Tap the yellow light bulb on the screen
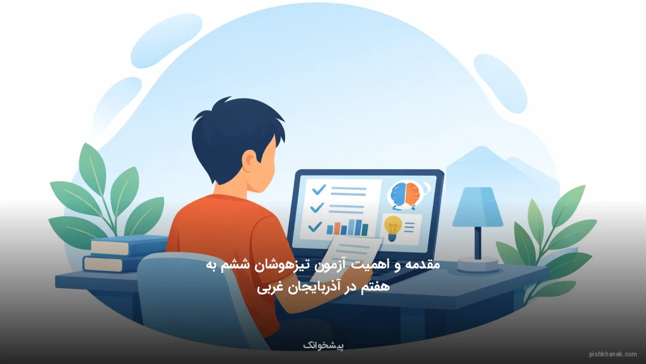[x=392, y=226]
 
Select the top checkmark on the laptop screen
[x=318, y=189]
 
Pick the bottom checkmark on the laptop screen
[x=314, y=226]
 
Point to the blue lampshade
[x=478, y=207]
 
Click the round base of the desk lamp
[x=478, y=264]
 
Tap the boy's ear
[x=251, y=166]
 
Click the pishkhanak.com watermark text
[x=613, y=355]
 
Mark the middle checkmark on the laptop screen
[x=317, y=207]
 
